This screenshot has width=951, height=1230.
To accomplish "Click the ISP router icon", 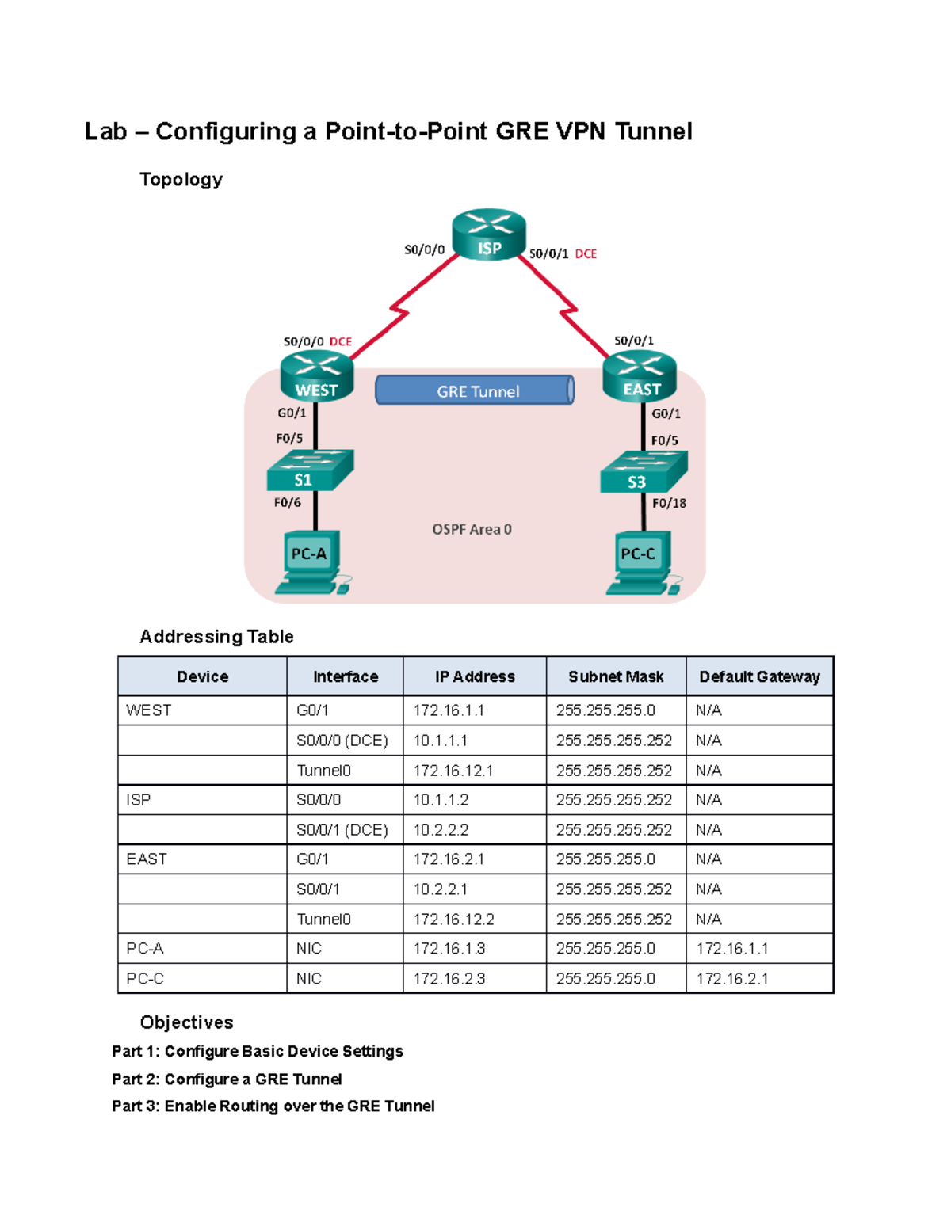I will pos(489,234).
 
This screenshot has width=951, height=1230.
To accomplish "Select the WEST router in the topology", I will pos(316,378).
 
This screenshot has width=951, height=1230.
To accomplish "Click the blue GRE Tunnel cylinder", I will pos(475,390).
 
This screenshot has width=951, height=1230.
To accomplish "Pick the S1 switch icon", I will pos(309,470).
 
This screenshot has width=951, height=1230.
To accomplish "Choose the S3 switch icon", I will pos(643,473).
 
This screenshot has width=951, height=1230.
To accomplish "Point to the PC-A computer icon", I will pos(311,562).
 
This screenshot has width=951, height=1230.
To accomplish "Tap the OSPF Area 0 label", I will pos(472,529).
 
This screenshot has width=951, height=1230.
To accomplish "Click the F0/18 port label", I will pos(669,503).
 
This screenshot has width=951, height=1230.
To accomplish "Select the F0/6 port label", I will pos(288,502).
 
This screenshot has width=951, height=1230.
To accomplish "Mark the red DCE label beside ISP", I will pos(586,254).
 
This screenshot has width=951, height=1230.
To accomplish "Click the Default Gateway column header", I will pos(759,676).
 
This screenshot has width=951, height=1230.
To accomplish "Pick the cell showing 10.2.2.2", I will pos(441,830).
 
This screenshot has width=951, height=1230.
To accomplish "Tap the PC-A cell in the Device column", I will pos(145,948).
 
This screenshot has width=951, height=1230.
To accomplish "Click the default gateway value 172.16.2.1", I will pos(732,978).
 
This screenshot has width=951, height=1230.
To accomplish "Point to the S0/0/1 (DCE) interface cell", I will pos(342,830).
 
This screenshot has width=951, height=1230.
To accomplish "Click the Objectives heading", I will pos(186,1022).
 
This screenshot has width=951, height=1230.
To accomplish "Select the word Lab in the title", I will pos(105,131).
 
